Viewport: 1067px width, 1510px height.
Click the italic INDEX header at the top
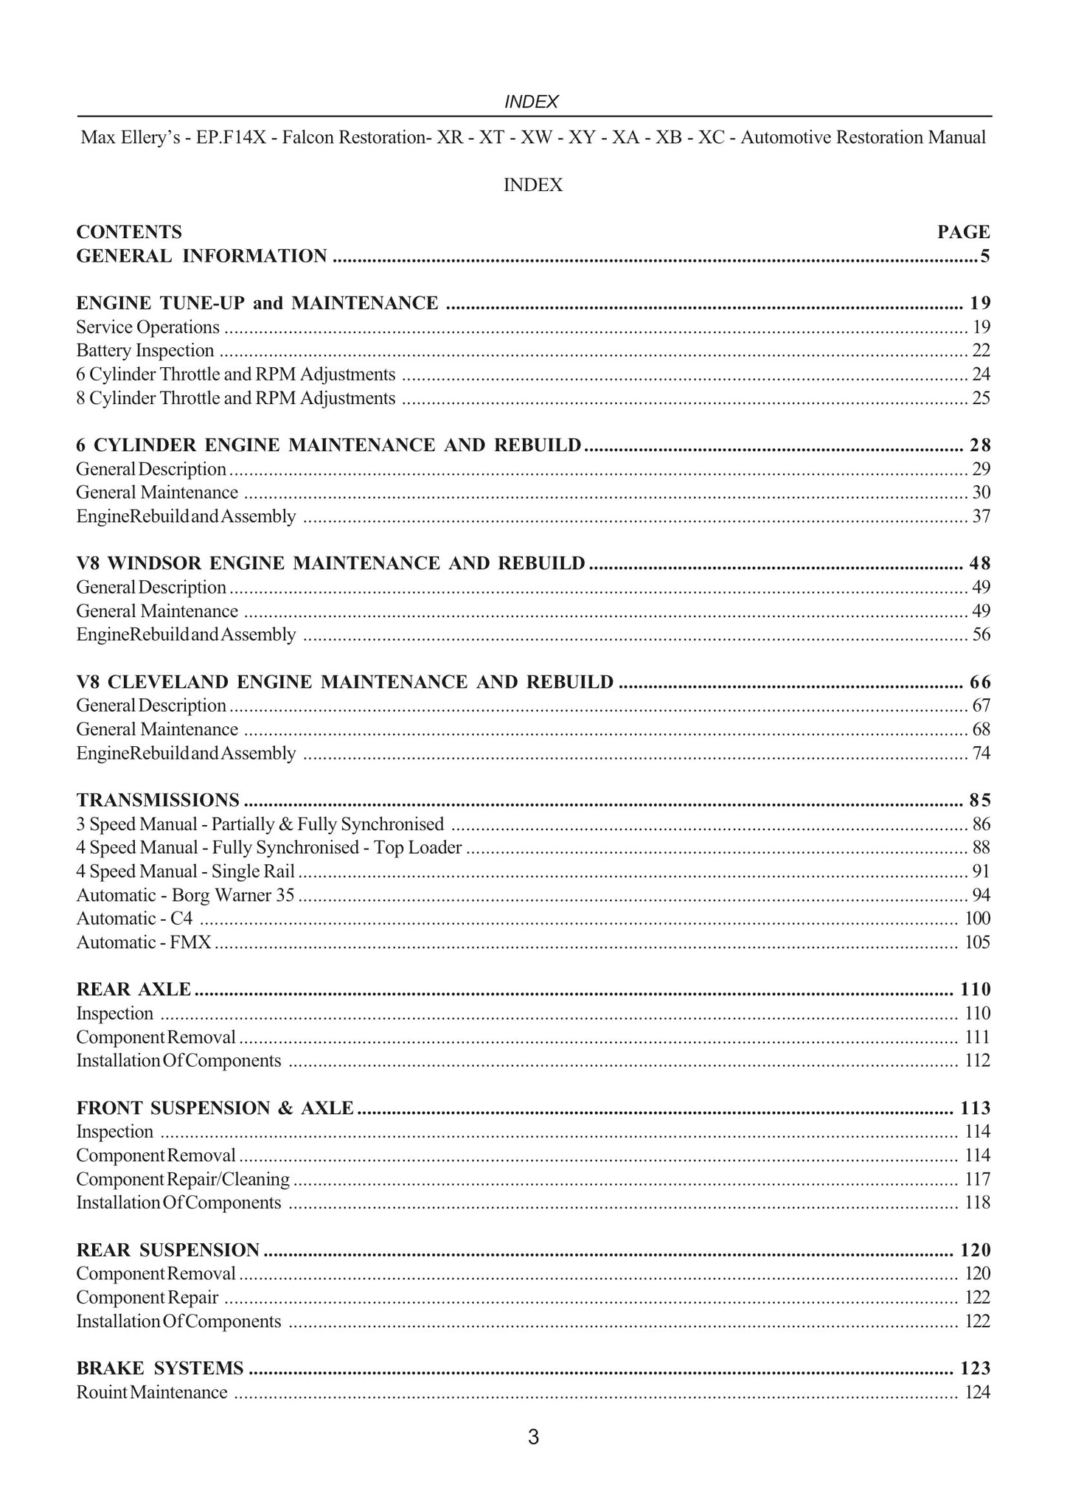(531, 102)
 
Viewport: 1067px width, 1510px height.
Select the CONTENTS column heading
(129, 232)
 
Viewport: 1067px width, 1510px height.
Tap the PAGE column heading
(963, 232)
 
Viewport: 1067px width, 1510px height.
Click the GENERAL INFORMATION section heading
(201, 256)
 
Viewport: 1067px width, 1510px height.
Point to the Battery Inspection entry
(145, 351)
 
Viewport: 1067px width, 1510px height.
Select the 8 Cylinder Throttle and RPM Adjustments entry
(236, 398)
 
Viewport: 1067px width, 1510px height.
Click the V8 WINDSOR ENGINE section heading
(330, 563)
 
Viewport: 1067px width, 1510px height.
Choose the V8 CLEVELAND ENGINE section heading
(344, 682)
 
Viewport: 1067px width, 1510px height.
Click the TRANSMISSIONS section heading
(158, 800)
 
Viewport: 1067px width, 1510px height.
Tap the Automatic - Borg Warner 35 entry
(185, 895)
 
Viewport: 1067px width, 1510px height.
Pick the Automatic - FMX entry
(144, 942)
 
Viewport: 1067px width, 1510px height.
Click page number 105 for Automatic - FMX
(977, 942)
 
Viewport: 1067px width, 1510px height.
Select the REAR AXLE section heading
(133, 989)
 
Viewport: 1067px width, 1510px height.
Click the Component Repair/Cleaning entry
(183, 1179)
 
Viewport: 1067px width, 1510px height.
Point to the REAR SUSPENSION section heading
(168, 1250)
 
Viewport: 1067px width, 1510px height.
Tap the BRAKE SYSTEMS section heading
(160, 1368)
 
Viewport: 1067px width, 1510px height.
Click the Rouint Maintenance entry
(152, 1392)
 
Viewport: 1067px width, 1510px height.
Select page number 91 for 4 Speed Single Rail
(981, 871)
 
